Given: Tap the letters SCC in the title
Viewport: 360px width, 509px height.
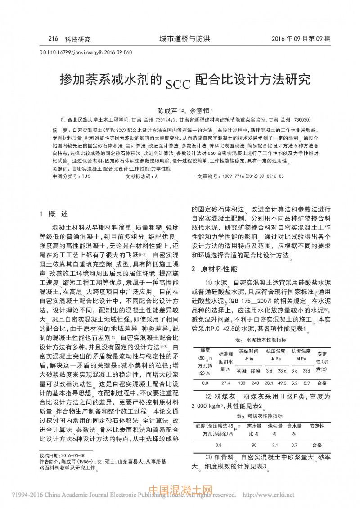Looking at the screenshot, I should [178, 83].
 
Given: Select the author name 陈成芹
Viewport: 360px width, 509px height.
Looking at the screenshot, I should [166, 110].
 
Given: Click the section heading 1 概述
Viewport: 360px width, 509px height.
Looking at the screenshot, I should [54, 213].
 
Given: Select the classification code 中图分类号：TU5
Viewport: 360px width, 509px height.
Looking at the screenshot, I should [72, 176].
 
